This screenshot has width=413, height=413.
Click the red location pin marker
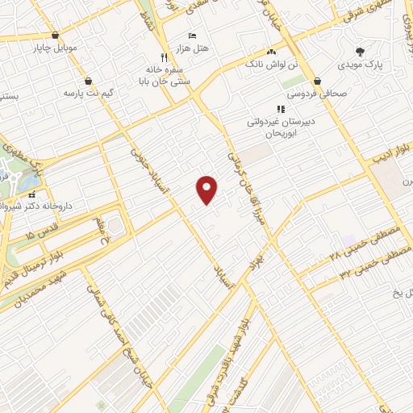tap(207, 190)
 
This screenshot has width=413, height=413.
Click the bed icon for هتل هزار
tap(191, 36)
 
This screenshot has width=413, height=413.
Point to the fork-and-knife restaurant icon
tap(164, 57)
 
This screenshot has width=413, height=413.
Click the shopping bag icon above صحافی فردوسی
tap(319, 81)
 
